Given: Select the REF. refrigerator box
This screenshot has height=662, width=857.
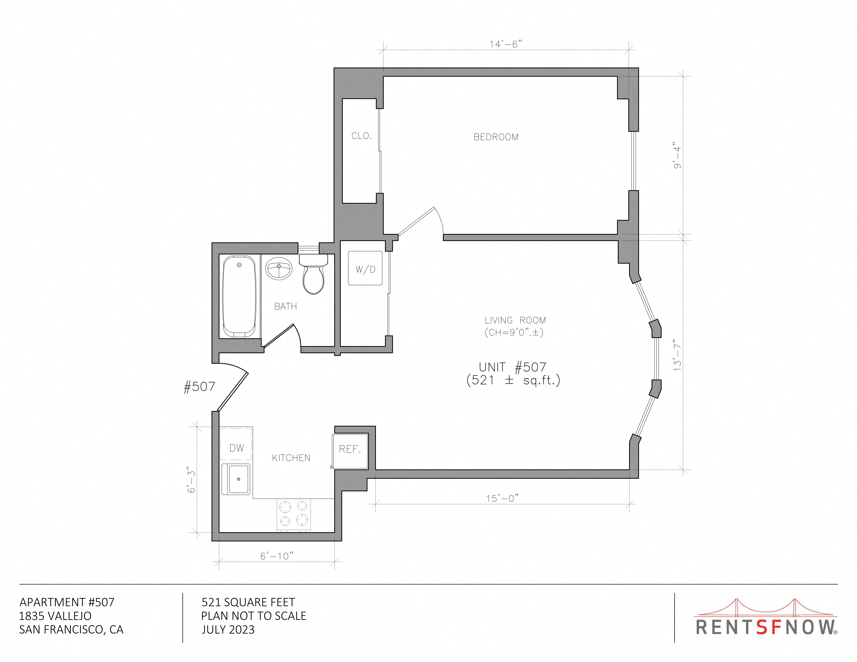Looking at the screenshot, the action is point(350,451).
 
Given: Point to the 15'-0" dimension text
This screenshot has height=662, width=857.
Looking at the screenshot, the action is point(502,498).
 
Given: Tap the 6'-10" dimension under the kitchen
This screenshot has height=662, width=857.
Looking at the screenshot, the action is point(277,556).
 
